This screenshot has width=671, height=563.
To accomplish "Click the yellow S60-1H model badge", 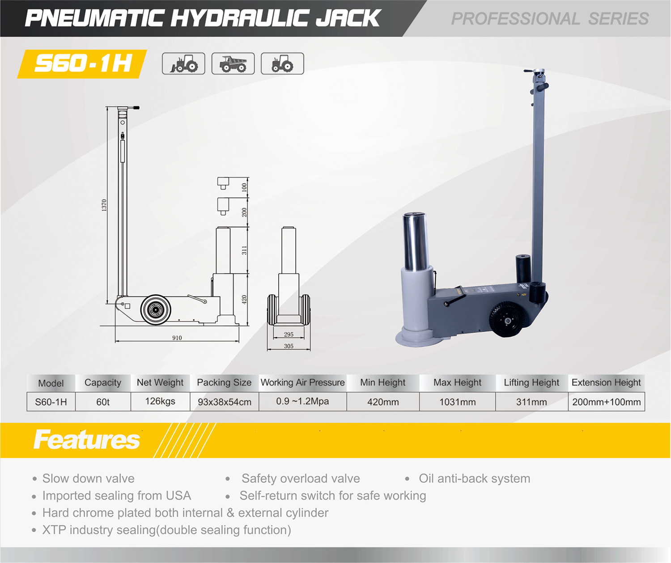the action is (x=82, y=64).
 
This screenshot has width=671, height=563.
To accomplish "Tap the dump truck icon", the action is (x=233, y=63).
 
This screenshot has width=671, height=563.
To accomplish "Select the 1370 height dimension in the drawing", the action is (x=104, y=205).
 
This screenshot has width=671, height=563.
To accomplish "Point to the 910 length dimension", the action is (x=177, y=338).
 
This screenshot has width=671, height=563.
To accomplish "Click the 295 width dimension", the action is (x=289, y=334).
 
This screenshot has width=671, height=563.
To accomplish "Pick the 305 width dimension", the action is (x=289, y=346).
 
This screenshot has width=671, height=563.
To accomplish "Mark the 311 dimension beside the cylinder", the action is (x=244, y=250).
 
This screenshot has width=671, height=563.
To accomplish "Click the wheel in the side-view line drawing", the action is (x=156, y=310).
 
